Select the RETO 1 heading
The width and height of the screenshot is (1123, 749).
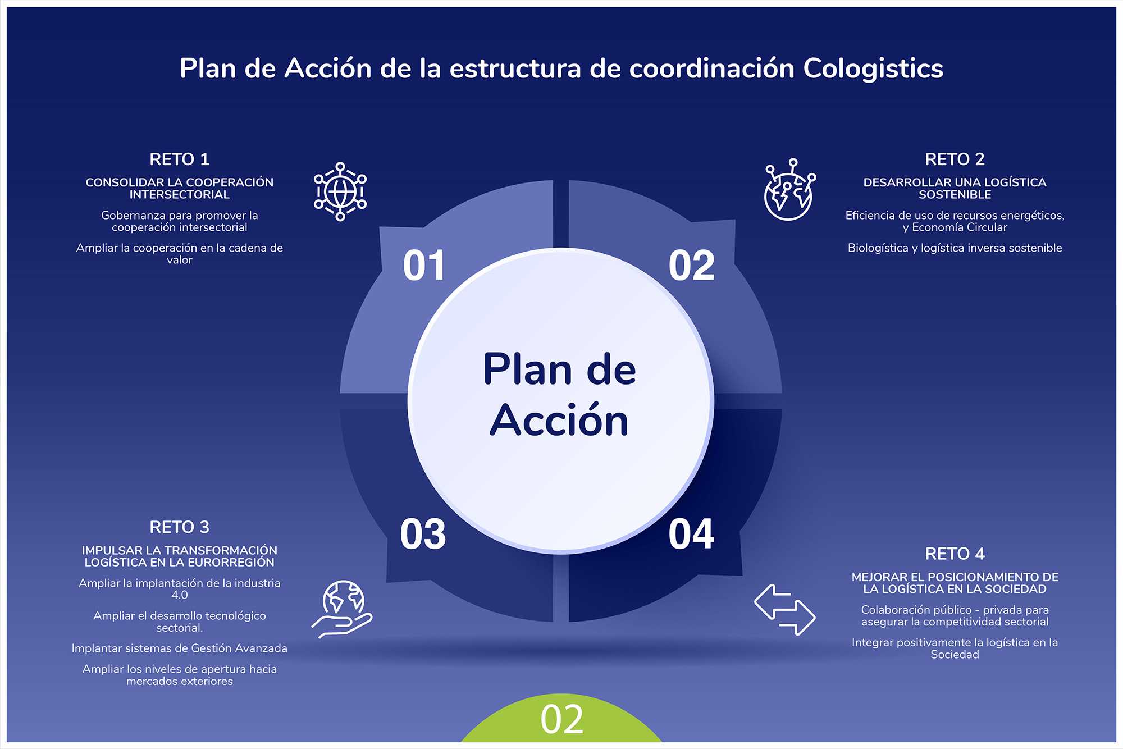click(180, 159)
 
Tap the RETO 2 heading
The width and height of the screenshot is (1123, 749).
click(955, 159)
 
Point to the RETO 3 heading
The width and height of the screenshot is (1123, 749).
click(180, 527)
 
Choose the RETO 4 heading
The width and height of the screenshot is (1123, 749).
click(955, 554)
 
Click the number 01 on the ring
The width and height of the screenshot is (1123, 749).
click(424, 266)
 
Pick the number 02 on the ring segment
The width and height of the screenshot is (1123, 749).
click(692, 266)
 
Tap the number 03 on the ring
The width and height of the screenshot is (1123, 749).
click(423, 534)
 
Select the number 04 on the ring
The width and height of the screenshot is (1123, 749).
click(691, 534)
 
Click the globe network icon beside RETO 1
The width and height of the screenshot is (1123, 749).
click(340, 191)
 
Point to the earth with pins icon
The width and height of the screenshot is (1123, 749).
click(789, 190)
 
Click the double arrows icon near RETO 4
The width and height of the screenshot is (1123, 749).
click(784, 610)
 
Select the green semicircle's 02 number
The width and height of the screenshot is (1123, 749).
click(562, 720)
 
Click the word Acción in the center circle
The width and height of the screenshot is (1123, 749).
click(559, 421)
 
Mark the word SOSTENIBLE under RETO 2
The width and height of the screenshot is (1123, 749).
click(955, 195)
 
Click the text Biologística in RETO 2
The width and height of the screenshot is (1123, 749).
click(878, 248)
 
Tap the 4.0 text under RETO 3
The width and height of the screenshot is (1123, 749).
click(180, 595)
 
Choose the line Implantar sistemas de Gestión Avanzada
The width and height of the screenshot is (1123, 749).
click(180, 648)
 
